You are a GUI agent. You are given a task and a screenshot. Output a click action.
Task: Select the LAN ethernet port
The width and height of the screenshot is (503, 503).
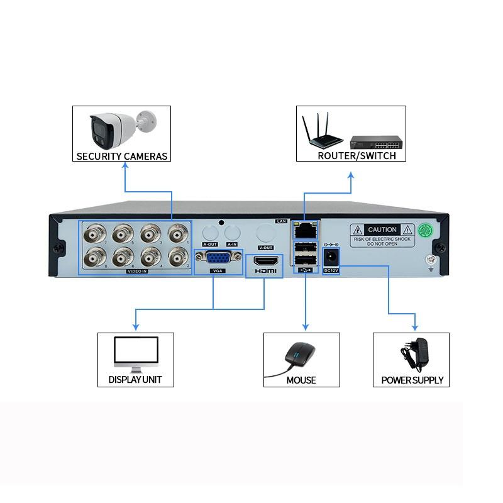coord(305,229)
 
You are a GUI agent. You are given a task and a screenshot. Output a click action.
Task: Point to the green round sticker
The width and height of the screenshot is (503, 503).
coord(428,230)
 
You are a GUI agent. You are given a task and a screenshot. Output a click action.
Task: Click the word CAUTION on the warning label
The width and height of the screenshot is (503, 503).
coord(382,230)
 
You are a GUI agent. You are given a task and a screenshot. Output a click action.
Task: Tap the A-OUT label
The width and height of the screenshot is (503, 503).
coord(210,244)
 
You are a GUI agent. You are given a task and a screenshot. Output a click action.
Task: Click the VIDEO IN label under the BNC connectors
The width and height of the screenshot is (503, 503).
coord(136,271)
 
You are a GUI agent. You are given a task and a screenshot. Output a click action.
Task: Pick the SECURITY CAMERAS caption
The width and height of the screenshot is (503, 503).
coord(122,156)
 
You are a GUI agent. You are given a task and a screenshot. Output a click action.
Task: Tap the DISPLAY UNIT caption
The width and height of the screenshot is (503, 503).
coord(135,380)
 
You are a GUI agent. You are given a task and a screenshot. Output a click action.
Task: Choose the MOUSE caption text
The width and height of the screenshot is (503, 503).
coord(301,380)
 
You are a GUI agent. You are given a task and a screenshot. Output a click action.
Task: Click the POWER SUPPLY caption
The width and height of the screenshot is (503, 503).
coord(412,380)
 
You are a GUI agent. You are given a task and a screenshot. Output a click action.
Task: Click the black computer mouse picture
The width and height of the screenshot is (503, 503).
coord(299,355)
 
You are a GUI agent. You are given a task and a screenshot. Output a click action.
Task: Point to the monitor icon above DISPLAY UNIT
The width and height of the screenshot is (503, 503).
coord(135,353)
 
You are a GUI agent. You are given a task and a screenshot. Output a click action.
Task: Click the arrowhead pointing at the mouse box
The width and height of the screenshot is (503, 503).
coord(306,327)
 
